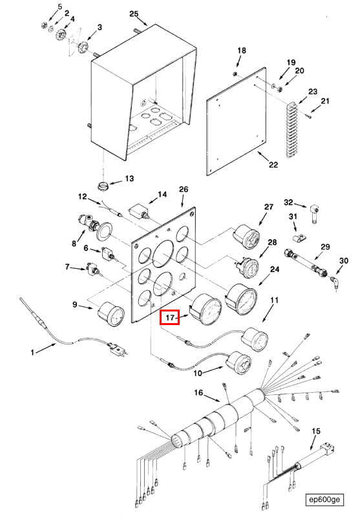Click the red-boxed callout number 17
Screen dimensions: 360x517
(x=169, y=317)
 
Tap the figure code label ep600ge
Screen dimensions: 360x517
(x=324, y=499)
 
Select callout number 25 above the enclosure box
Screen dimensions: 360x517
(x=134, y=14)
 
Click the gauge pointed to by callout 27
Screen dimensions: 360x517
(x=247, y=237)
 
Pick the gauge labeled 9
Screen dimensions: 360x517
(x=111, y=314)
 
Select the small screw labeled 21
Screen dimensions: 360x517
(x=308, y=116)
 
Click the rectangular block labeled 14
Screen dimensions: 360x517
(x=138, y=210)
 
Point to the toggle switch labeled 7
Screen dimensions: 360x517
(x=93, y=269)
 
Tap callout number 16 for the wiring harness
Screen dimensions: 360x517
(x=198, y=392)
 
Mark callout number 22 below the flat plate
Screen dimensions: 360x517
(x=273, y=164)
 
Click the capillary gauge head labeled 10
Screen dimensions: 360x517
(x=238, y=363)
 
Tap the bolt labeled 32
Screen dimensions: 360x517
(x=314, y=214)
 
